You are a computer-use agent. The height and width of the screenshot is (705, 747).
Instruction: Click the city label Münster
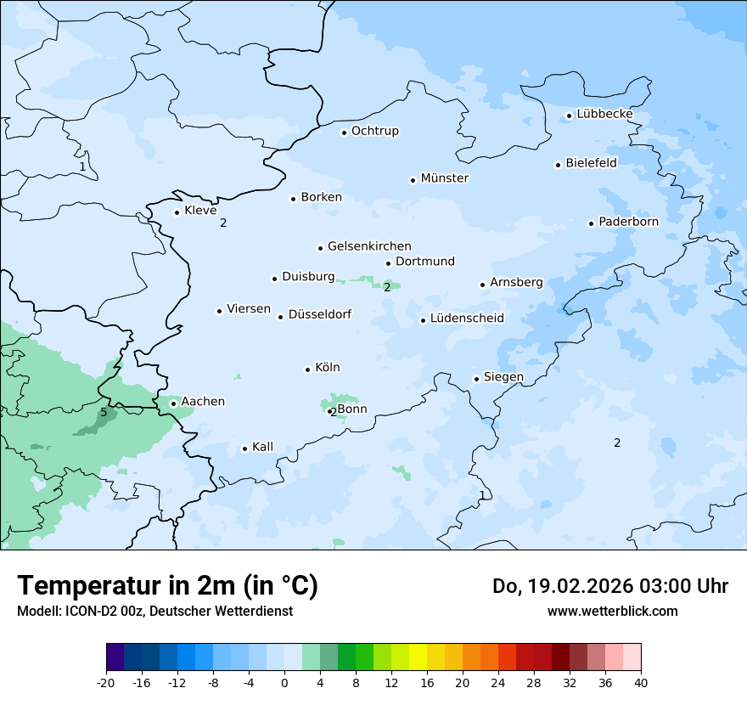[x=444, y=178]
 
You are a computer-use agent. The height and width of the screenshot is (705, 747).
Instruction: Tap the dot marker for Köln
[x=307, y=369]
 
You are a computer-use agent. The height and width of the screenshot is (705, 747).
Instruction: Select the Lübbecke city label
[x=604, y=114]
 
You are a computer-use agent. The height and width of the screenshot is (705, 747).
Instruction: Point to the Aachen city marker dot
[x=173, y=403]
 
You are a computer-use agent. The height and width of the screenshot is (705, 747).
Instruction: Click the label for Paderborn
[x=628, y=222]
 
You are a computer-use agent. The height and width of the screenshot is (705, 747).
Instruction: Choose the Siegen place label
[x=503, y=377]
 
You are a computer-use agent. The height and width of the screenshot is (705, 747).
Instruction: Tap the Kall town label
[x=262, y=447]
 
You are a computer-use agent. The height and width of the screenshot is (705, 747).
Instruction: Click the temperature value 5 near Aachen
[x=104, y=413]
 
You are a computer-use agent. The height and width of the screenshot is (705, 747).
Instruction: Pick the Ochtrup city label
[x=374, y=131]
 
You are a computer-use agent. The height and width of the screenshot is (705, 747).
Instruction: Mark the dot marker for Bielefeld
[x=559, y=165]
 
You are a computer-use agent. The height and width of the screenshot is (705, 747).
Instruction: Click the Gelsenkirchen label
[x=369, y=246]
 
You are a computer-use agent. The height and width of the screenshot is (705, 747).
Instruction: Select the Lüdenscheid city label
[x=467, y=319]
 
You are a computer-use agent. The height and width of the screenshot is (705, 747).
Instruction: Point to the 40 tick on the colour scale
[x=641, y=683]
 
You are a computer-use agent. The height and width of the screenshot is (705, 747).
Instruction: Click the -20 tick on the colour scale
[x=106, y=683]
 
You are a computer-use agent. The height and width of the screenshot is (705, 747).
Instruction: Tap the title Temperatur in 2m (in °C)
[x=167, y=585]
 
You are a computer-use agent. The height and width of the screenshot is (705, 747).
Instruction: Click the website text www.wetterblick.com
[x=612, y=611]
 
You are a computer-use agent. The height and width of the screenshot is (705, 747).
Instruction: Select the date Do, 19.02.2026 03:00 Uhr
[x=609, y=586]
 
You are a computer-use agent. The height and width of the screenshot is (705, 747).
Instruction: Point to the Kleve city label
[x=200, y=211]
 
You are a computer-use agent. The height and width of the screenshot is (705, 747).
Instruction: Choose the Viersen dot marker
[x=219, y=311]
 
